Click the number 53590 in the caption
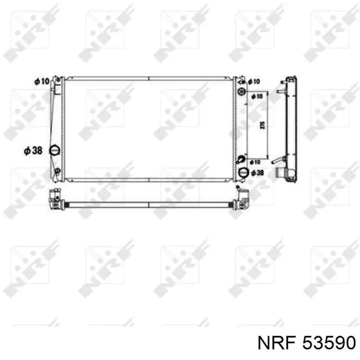pyautogui.click(x=329, y=343)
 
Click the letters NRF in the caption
pyautogui.click(x=277, y=343)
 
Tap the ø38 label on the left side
pyautogui.click(x=33, y=151)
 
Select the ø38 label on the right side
pyautogui.click(x=257, y=173)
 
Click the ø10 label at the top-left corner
pyautogui.click(x=42, y=81)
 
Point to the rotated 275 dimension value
pyautogui.click(x=263, y=125)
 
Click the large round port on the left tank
pyautogui.click(x=54, y=151)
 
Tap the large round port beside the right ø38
pyautogui.click(x=243, y=172)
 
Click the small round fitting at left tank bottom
pyautogui.click(x=58, y=171)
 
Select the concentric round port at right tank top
pyautogui.click(x=241, y=92)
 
